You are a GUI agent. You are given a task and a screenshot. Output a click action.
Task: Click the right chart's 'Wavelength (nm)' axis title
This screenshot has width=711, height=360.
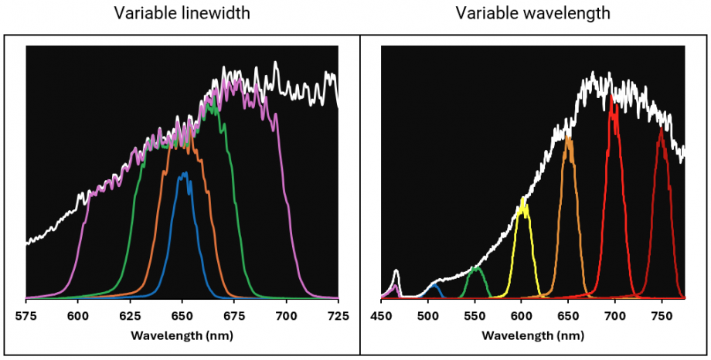click(x=532, y=335)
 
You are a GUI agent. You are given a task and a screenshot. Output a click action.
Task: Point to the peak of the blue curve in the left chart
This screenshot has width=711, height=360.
click(x=184, y=174)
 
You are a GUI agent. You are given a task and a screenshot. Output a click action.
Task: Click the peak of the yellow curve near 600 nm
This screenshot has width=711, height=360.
click(x=524, y=200)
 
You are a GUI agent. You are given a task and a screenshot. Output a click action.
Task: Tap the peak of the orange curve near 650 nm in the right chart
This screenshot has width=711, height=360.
click(x=569, y=138)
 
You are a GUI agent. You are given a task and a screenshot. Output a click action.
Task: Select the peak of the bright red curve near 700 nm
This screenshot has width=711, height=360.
click(x=613, y=96)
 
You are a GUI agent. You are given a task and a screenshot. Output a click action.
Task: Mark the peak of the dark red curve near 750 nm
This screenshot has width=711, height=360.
click(x=661, y=130)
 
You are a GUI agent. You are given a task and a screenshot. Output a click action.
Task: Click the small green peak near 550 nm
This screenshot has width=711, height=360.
click(x=476, y=267)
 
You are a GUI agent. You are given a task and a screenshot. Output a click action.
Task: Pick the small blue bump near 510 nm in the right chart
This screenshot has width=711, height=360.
click(x=435, y=285)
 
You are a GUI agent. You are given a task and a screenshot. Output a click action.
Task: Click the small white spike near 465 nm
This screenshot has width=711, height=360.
click(x=396, y=270)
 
